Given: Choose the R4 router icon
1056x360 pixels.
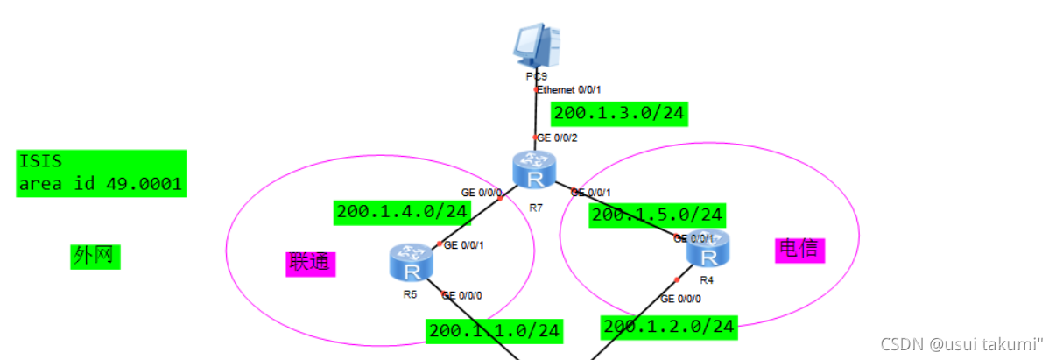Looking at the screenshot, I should [x=708, y=251].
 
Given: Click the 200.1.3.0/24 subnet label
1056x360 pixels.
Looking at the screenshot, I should [x=619, y=113].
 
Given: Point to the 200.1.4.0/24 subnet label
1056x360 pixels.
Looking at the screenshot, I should [x=402, y=212].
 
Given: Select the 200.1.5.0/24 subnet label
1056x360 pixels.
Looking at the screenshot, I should [x=657, y=215].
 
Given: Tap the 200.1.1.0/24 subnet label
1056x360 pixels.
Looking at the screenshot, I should [x=495, y=330].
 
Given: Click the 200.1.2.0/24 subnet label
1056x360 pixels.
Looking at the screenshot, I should [x=669, y=327].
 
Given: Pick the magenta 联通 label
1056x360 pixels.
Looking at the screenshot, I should [x=311, y=263].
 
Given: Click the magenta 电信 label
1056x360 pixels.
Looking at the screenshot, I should [x=800, y=250].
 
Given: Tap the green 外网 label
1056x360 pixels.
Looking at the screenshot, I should [x=95, y=256].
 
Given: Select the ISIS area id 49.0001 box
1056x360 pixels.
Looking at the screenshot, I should [x=101, y=173].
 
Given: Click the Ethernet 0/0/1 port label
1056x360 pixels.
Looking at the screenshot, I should [x=569, y=89].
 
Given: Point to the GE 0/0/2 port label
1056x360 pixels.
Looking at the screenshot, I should [x=557, y=138].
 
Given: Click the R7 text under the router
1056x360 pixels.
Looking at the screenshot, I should [x=536, y=208].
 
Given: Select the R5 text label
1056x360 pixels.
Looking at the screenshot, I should [x=410, y=295].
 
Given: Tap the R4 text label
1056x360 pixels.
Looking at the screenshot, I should [x=707, y=281].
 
